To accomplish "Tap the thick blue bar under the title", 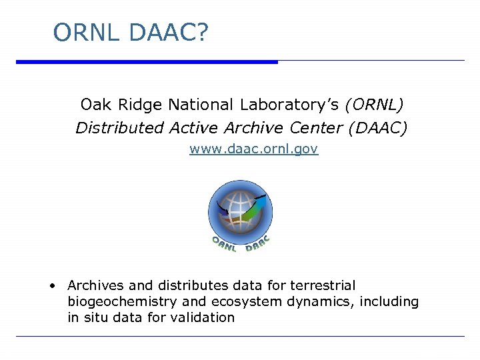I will pos(147,62).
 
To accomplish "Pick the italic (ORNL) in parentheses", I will pos(374,105).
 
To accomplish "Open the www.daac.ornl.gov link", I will pos(253,149).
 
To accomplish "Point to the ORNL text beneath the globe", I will pos(224,244).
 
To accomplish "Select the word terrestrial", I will pos(323,285).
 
